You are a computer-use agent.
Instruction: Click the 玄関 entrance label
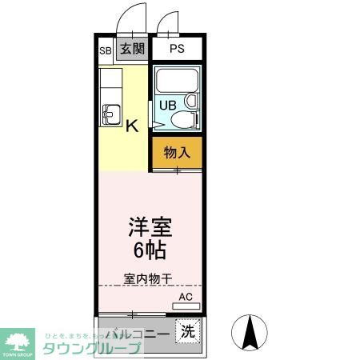coord(133,49)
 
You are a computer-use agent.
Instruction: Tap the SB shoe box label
coord(105,50)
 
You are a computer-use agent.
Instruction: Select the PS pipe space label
coord(177,49)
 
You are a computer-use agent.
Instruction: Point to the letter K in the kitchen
coord(132,125)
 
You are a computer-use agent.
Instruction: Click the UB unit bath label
coord(168,105)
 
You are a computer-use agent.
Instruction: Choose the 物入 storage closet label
coord(177,152)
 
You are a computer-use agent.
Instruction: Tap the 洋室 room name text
coord(149,226)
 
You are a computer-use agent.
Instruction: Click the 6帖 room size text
coord(149,250)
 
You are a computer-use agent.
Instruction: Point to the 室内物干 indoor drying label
coord(148,279)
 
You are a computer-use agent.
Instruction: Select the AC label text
coord(186,297)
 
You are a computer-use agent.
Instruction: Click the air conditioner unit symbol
coord(186,306)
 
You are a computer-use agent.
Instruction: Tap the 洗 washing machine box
coord(187,330)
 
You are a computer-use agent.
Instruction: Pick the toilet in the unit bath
coord(182,121)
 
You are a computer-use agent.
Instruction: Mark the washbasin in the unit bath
coord(190,102)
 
